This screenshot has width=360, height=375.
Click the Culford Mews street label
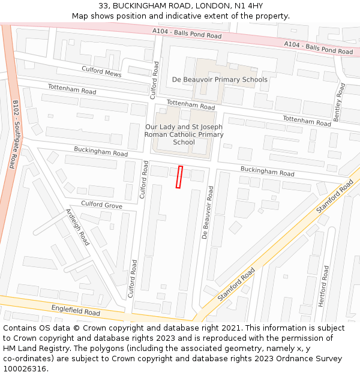[101, 72]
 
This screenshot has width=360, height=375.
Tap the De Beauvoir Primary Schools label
[220, 79]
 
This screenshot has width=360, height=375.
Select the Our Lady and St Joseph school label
[184, 134]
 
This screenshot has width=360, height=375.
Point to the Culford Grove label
[101, 205]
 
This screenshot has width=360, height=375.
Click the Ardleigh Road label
[77, 227]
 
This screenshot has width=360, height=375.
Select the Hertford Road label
[324, 286]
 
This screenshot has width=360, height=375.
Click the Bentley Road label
[340, 103]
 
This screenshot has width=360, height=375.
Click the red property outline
[179, 177]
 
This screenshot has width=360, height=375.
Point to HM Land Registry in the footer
[35, 349]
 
